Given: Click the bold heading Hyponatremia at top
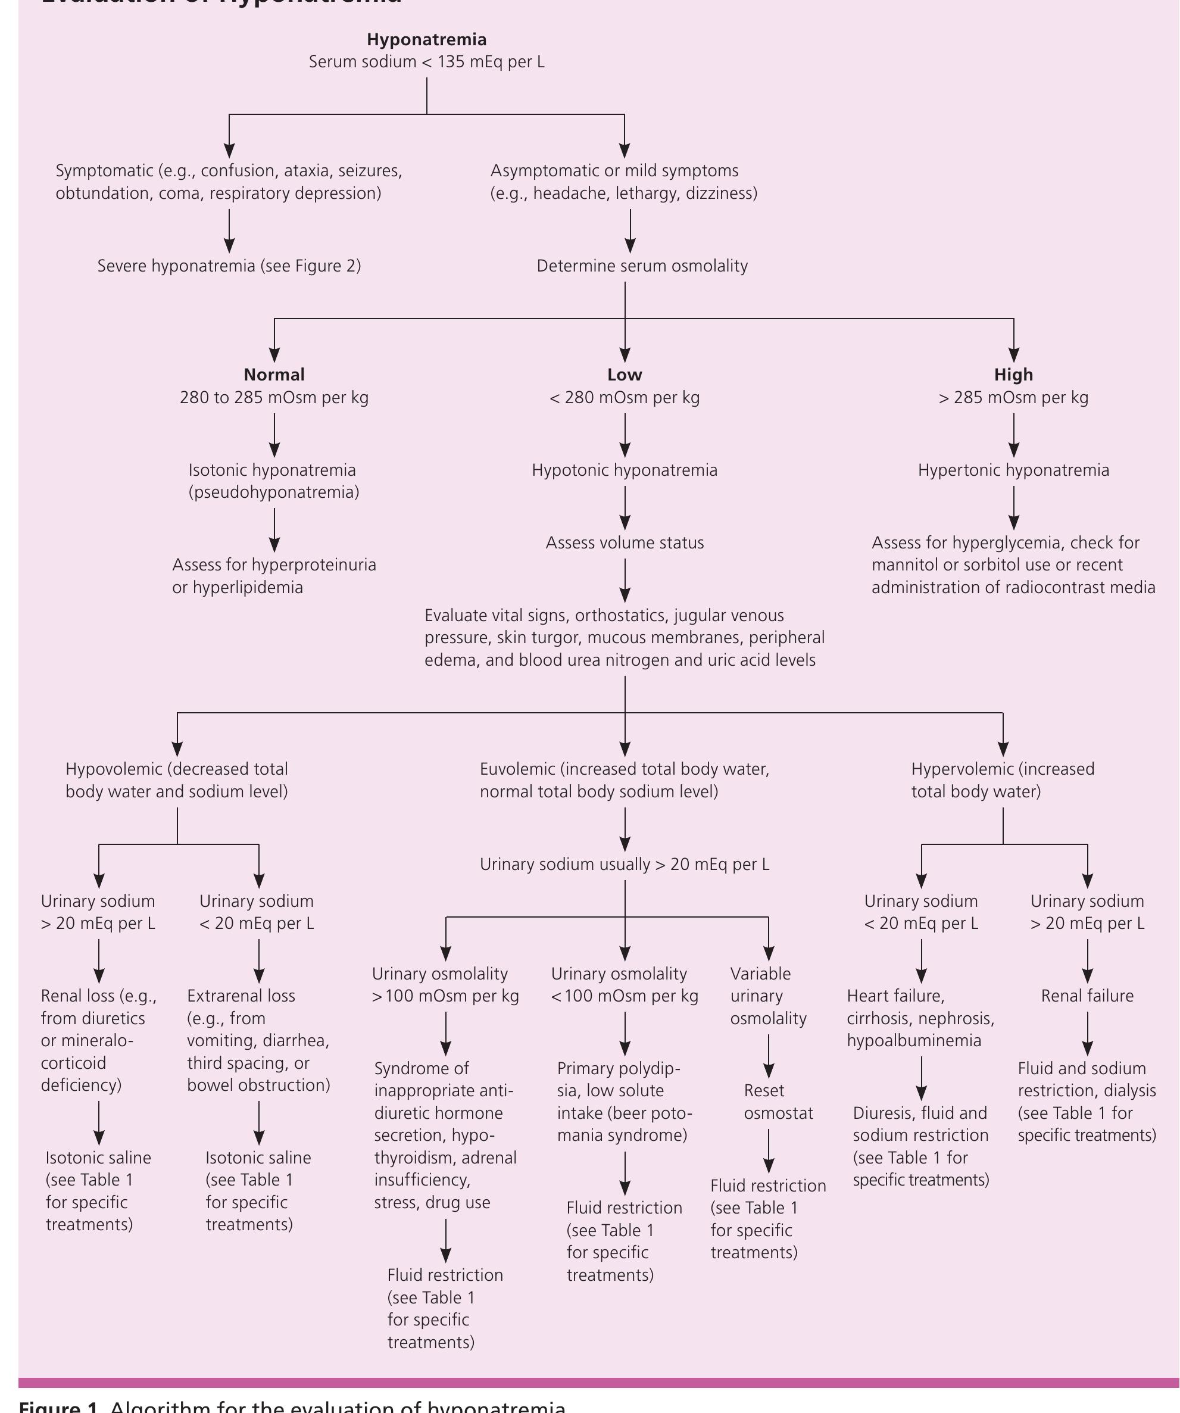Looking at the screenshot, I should tap(426, 40).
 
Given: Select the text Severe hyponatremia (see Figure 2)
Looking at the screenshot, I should tap(229, 266).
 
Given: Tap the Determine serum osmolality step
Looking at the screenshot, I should tap(642, 266).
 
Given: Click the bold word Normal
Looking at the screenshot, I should tap(274, 375).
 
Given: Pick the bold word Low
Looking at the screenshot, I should tap(625, 375).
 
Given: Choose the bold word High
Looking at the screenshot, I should tap(1013, 375).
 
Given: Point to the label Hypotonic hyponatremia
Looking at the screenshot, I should tap(625, 470).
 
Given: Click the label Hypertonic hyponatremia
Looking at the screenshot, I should tap(1013, 470).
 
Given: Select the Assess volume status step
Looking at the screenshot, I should tap(625, 543).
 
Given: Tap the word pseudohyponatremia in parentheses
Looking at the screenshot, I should tap(274, 492).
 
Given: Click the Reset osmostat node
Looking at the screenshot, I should tap(778, 1102).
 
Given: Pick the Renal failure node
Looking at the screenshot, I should tap(1087, 996).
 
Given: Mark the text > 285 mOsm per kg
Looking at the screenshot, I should tap(1013, 398).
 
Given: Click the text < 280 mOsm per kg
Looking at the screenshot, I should tap(625, 398).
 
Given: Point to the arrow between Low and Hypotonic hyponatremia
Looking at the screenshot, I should tap(625, 435).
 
